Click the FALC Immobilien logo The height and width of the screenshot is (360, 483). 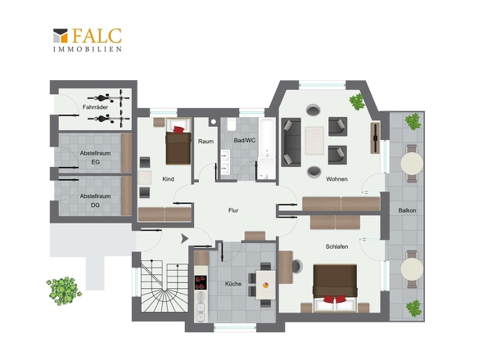pos(88,40)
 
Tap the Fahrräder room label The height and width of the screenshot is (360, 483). pos(95,107)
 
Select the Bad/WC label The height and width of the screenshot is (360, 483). pos(245,141)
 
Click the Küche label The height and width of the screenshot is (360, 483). pos(233,284)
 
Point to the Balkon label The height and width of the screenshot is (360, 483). pos(407,210)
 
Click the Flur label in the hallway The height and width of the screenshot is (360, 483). pos(233,210)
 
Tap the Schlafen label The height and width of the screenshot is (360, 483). pos(336,246)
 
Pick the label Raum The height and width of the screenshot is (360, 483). pos(205,142)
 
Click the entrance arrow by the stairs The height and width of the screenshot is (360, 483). pos(184,239)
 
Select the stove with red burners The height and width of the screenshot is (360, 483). pos(201,282)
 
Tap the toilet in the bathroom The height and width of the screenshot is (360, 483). pos(232,124)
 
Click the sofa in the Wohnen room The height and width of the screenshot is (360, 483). pos(291,142)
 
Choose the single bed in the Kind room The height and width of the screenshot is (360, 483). pos(178,142)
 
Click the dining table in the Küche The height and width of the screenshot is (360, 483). pos(265,285)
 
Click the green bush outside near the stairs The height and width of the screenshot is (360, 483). pos(64,290)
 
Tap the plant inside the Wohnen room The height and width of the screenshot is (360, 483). pos(357,101)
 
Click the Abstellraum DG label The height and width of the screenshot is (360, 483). pos(95,200)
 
